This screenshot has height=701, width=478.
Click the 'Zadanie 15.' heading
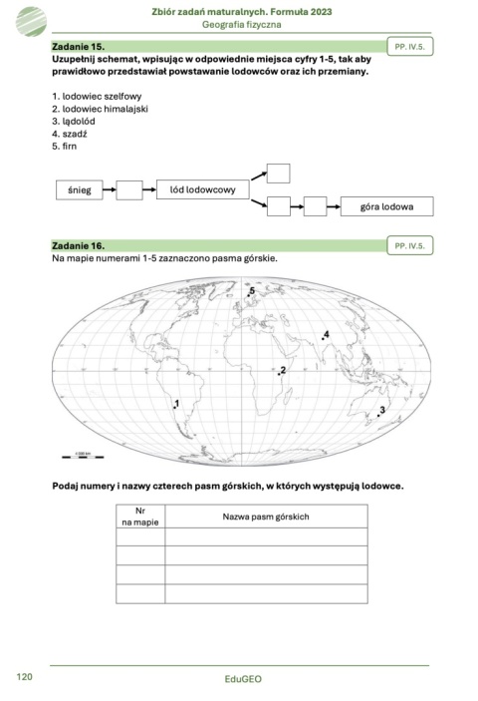[78, 47]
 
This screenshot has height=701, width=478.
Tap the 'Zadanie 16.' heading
[78, 245]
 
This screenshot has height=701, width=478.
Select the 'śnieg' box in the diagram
[80, 189]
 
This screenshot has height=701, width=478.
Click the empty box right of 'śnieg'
[129, 189]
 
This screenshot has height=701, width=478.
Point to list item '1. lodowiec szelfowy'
[97, 97]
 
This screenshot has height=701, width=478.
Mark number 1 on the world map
[177, 403]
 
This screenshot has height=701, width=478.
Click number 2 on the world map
[284, 370]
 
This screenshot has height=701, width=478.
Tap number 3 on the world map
[382, 410]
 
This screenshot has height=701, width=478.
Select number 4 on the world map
[326, 335]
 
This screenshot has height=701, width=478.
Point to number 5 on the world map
[253, 290]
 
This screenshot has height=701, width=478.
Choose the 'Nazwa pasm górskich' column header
[265, 517]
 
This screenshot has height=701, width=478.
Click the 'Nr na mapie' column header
[140, 516]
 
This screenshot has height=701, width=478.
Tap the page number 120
[26, 676]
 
